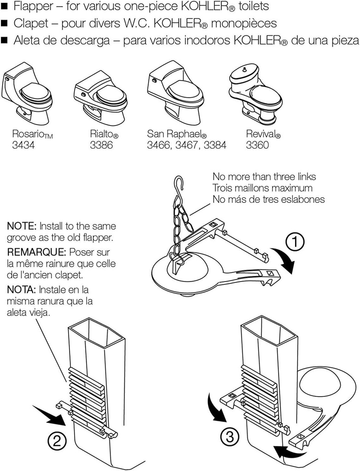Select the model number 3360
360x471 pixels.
(257, 146)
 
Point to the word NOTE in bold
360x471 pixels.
(22, 226)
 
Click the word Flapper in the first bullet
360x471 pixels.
(32, 7)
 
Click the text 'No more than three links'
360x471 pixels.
(264, 177)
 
